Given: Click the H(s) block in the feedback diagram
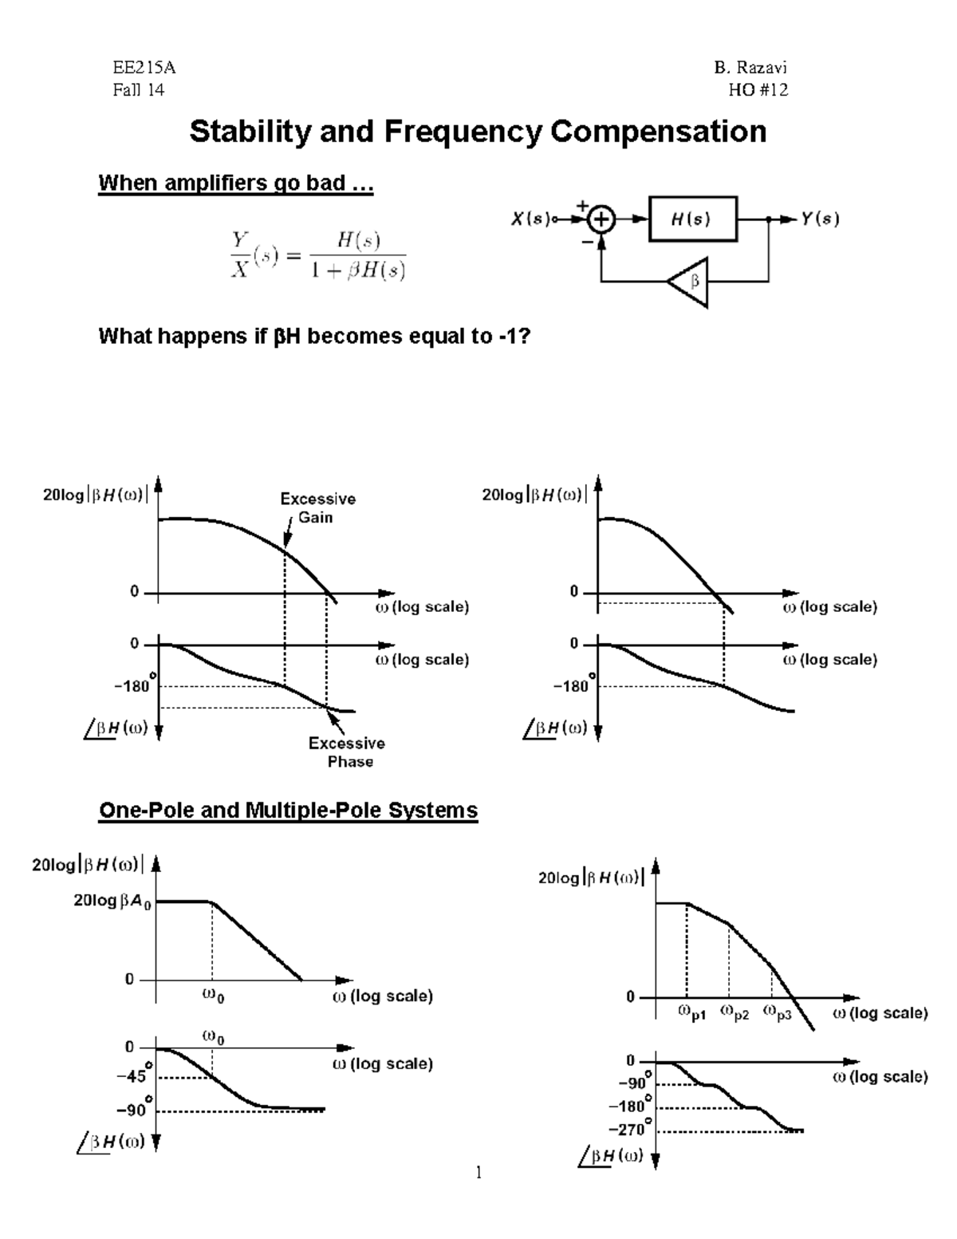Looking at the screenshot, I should (x=692, y=219).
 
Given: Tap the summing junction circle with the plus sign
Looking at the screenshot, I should (x=602, y=219).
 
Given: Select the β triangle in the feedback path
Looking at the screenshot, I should (x=691, y=281).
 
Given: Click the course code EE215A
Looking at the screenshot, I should (x=144, y=69).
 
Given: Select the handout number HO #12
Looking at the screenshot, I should (x=758, y=90).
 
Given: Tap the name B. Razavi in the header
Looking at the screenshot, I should (x=750, y=69).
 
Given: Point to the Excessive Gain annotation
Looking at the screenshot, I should (x=317, y=508).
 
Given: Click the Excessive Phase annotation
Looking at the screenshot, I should (x=347, y=752).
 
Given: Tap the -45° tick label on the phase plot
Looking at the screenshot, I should (x=132, y=1075).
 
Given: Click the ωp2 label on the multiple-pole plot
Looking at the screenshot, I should (x=734, y=1013).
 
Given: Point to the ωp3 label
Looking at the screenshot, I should (x=778, y=1013).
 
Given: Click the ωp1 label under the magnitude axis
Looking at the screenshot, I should (x=691, y=1013).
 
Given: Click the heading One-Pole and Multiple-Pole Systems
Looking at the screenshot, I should (x=288, y=811).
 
